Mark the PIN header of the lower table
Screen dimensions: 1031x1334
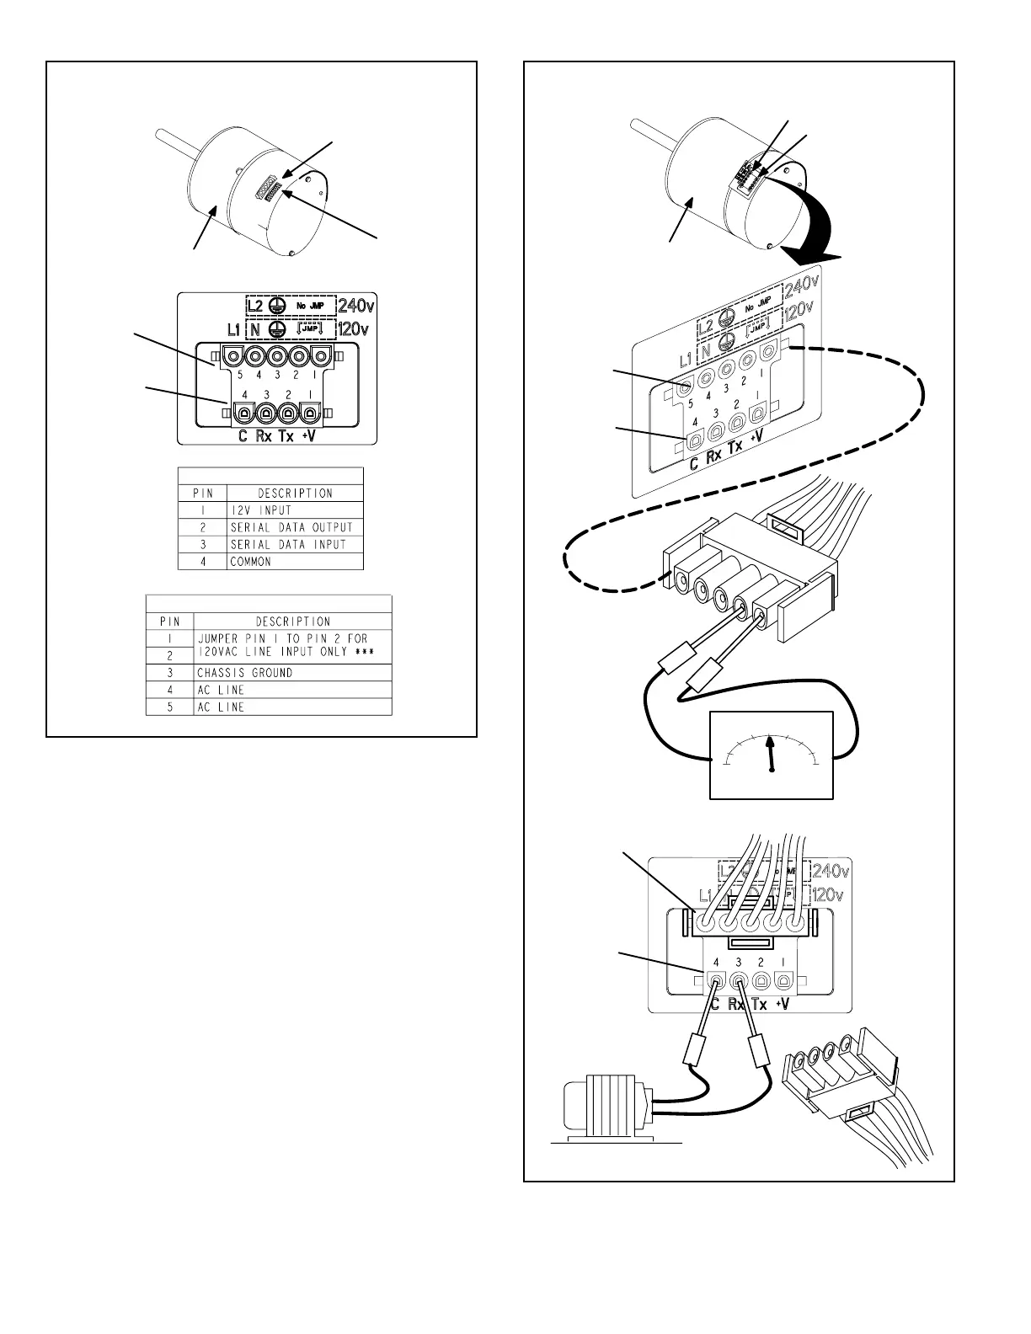[170, 622]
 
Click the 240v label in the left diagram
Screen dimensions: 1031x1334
[353, 304]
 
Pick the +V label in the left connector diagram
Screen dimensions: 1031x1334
[310, 437]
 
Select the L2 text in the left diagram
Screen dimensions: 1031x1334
[259, 305]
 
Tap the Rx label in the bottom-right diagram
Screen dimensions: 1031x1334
[736, 1004]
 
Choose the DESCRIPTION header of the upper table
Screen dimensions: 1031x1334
[295, 494]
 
